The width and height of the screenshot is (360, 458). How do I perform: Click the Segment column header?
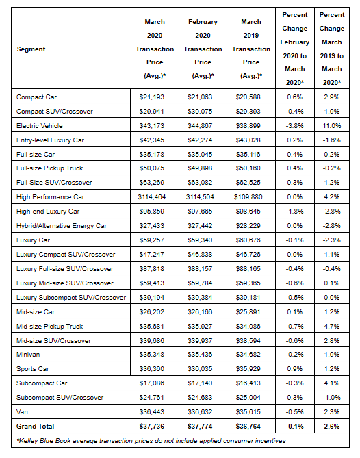31,49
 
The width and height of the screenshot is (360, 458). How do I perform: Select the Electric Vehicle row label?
40,126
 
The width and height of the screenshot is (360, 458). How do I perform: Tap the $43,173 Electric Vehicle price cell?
151,126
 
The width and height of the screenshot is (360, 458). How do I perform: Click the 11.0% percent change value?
332,126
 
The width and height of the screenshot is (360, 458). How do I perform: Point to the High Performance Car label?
50,197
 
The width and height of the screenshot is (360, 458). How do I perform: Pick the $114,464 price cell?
151,197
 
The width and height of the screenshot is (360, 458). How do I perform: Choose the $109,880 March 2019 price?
248,197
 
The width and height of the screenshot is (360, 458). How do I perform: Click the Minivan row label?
28,355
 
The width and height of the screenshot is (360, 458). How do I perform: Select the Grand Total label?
36,427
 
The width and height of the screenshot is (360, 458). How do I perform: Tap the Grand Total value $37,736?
151,427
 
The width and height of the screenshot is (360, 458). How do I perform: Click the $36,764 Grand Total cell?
248,427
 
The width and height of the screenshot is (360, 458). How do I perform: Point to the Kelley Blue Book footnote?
151,441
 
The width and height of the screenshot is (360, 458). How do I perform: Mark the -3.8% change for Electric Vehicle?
294,126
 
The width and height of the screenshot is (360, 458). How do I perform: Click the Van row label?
22,412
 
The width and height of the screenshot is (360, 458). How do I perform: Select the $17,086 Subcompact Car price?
151,383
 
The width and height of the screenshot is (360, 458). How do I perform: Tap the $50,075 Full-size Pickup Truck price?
151,168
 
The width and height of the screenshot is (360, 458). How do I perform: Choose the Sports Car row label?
33,369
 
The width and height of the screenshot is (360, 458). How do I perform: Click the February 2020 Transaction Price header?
203,49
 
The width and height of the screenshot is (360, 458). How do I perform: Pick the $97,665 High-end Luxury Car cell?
200,212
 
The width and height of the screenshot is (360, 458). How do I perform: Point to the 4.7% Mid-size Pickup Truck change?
332,327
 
